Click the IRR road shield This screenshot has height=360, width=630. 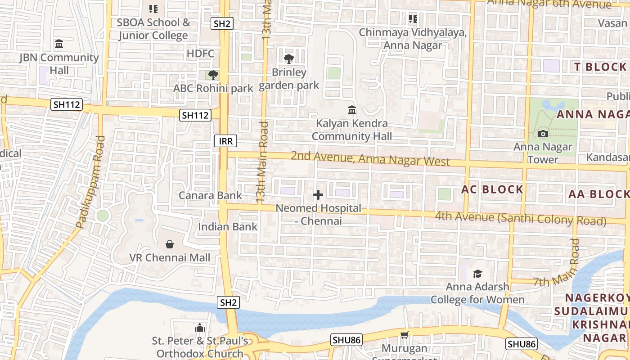point(225,141)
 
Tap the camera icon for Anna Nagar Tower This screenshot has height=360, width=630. point(543,134)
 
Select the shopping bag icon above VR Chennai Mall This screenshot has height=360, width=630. point(170,244)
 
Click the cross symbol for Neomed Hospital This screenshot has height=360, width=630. point(318,195)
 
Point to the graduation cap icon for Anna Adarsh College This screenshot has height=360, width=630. point(477,274)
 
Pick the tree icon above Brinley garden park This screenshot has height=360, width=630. point(289,58)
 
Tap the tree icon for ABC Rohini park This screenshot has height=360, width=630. point(213,75)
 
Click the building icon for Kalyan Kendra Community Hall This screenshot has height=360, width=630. point(352,110)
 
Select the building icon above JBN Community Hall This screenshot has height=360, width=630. point(59,44)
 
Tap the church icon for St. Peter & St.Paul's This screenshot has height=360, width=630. point(200,328)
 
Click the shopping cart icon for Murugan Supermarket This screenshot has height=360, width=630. point(404,335)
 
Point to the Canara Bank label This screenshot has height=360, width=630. point(210,195)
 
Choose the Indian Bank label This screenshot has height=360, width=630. point(228,227)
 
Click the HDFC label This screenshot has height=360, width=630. point(201,54)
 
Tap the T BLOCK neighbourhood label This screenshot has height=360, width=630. point(600,67)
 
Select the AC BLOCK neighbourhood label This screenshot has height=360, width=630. point(492,189)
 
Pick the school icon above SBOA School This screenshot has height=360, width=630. point(153,9)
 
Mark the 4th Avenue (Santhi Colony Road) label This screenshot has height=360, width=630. point(520,219)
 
